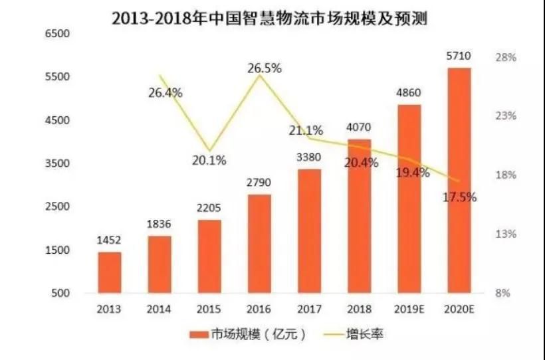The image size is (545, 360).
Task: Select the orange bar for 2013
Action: pos(110,272)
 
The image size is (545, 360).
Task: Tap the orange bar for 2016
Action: pos(260,243)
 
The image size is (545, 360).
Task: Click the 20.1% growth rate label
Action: pos(210,160)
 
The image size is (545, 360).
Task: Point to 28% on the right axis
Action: pos(506,58)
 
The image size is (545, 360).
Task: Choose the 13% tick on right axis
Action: pos(506,234)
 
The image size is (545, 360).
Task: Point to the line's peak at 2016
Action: pos(260,75)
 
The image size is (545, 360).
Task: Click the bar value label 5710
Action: pos(459,57)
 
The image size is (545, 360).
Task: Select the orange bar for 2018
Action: pos(360,216)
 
